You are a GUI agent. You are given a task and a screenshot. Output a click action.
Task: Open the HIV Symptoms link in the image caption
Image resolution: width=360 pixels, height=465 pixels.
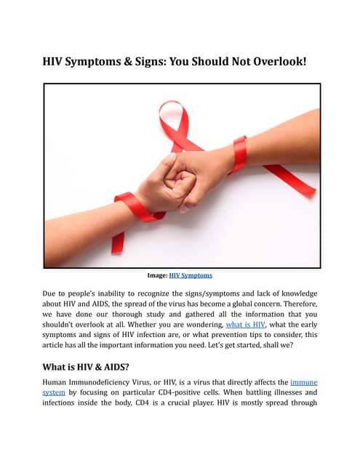[x=191, y=275]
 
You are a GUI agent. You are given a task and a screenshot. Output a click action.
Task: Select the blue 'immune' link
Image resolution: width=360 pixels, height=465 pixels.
[x=303, y=381]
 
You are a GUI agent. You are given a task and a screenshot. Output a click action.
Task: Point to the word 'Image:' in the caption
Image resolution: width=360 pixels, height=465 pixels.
[x=157, y=275]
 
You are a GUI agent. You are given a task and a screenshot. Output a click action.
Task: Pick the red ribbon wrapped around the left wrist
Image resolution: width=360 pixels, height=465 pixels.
[x=134, y=206]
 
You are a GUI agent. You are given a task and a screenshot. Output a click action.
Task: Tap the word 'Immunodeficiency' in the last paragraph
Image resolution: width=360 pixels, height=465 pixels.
[x=106, y=381]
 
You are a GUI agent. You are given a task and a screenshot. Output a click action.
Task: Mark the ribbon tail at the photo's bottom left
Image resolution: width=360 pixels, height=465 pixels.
[x=117, y=240]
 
